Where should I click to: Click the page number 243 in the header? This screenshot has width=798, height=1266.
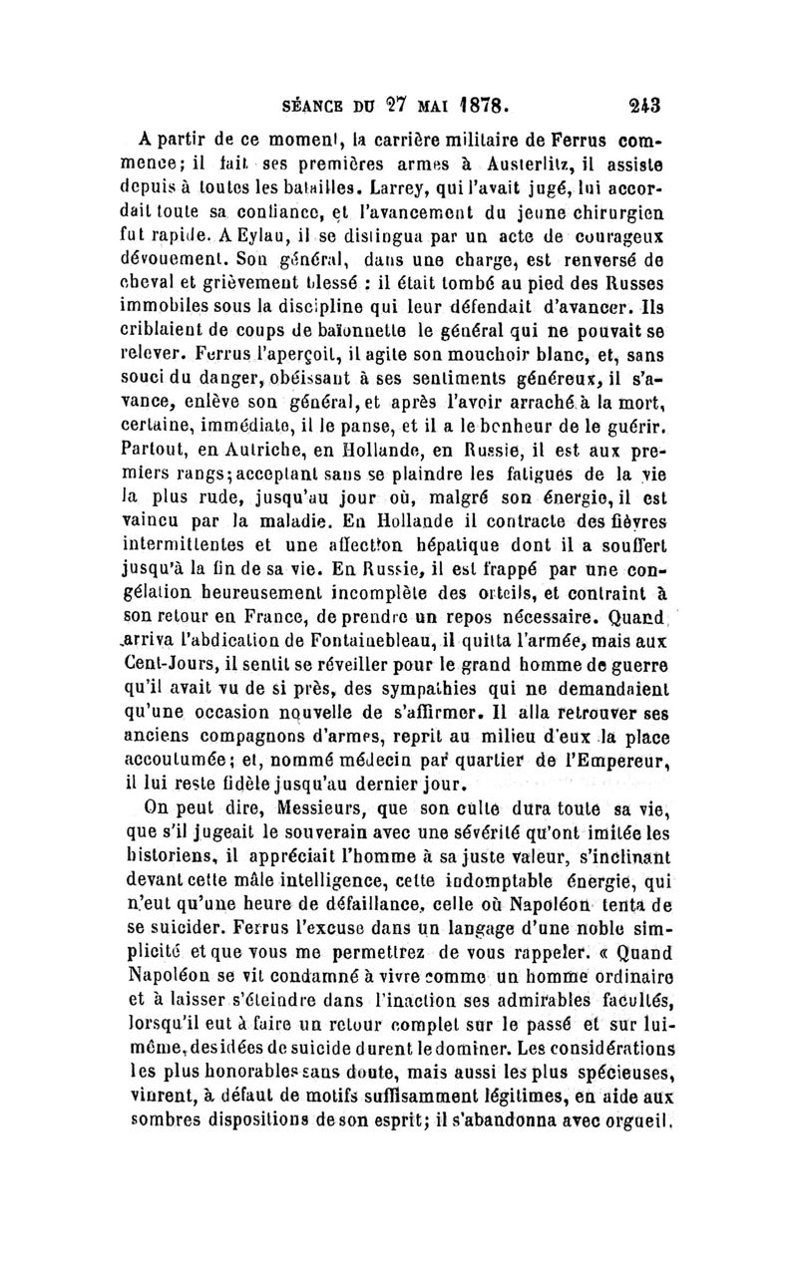[658, 103]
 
